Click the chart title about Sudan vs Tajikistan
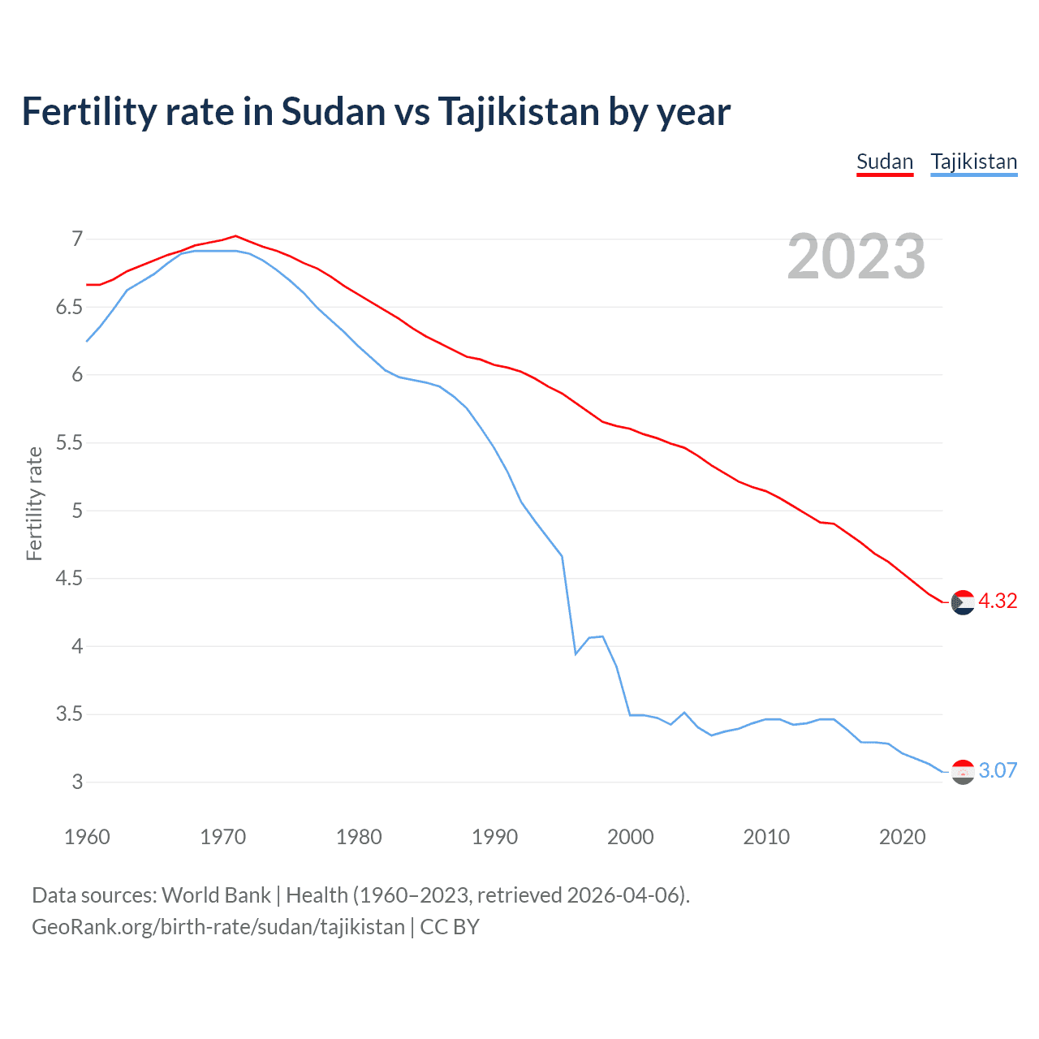point(376,112)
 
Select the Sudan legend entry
point(885,162)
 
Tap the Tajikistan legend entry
point(973,162)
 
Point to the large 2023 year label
point(856,257)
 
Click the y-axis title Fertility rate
point(34,503)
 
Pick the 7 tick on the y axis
point(77,239)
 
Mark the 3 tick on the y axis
point(77,782)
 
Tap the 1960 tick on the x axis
point(87,837)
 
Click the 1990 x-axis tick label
point(494,837)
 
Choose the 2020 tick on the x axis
point(902,837)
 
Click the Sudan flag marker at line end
point(963,602)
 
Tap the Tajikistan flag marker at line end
point(963,772)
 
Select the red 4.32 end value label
point(998,601)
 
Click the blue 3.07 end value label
point(998,770)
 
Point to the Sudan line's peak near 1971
point(235,236)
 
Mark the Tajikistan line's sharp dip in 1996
point(576,653)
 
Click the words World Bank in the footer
point(216,895)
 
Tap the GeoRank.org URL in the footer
point(218,927)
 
